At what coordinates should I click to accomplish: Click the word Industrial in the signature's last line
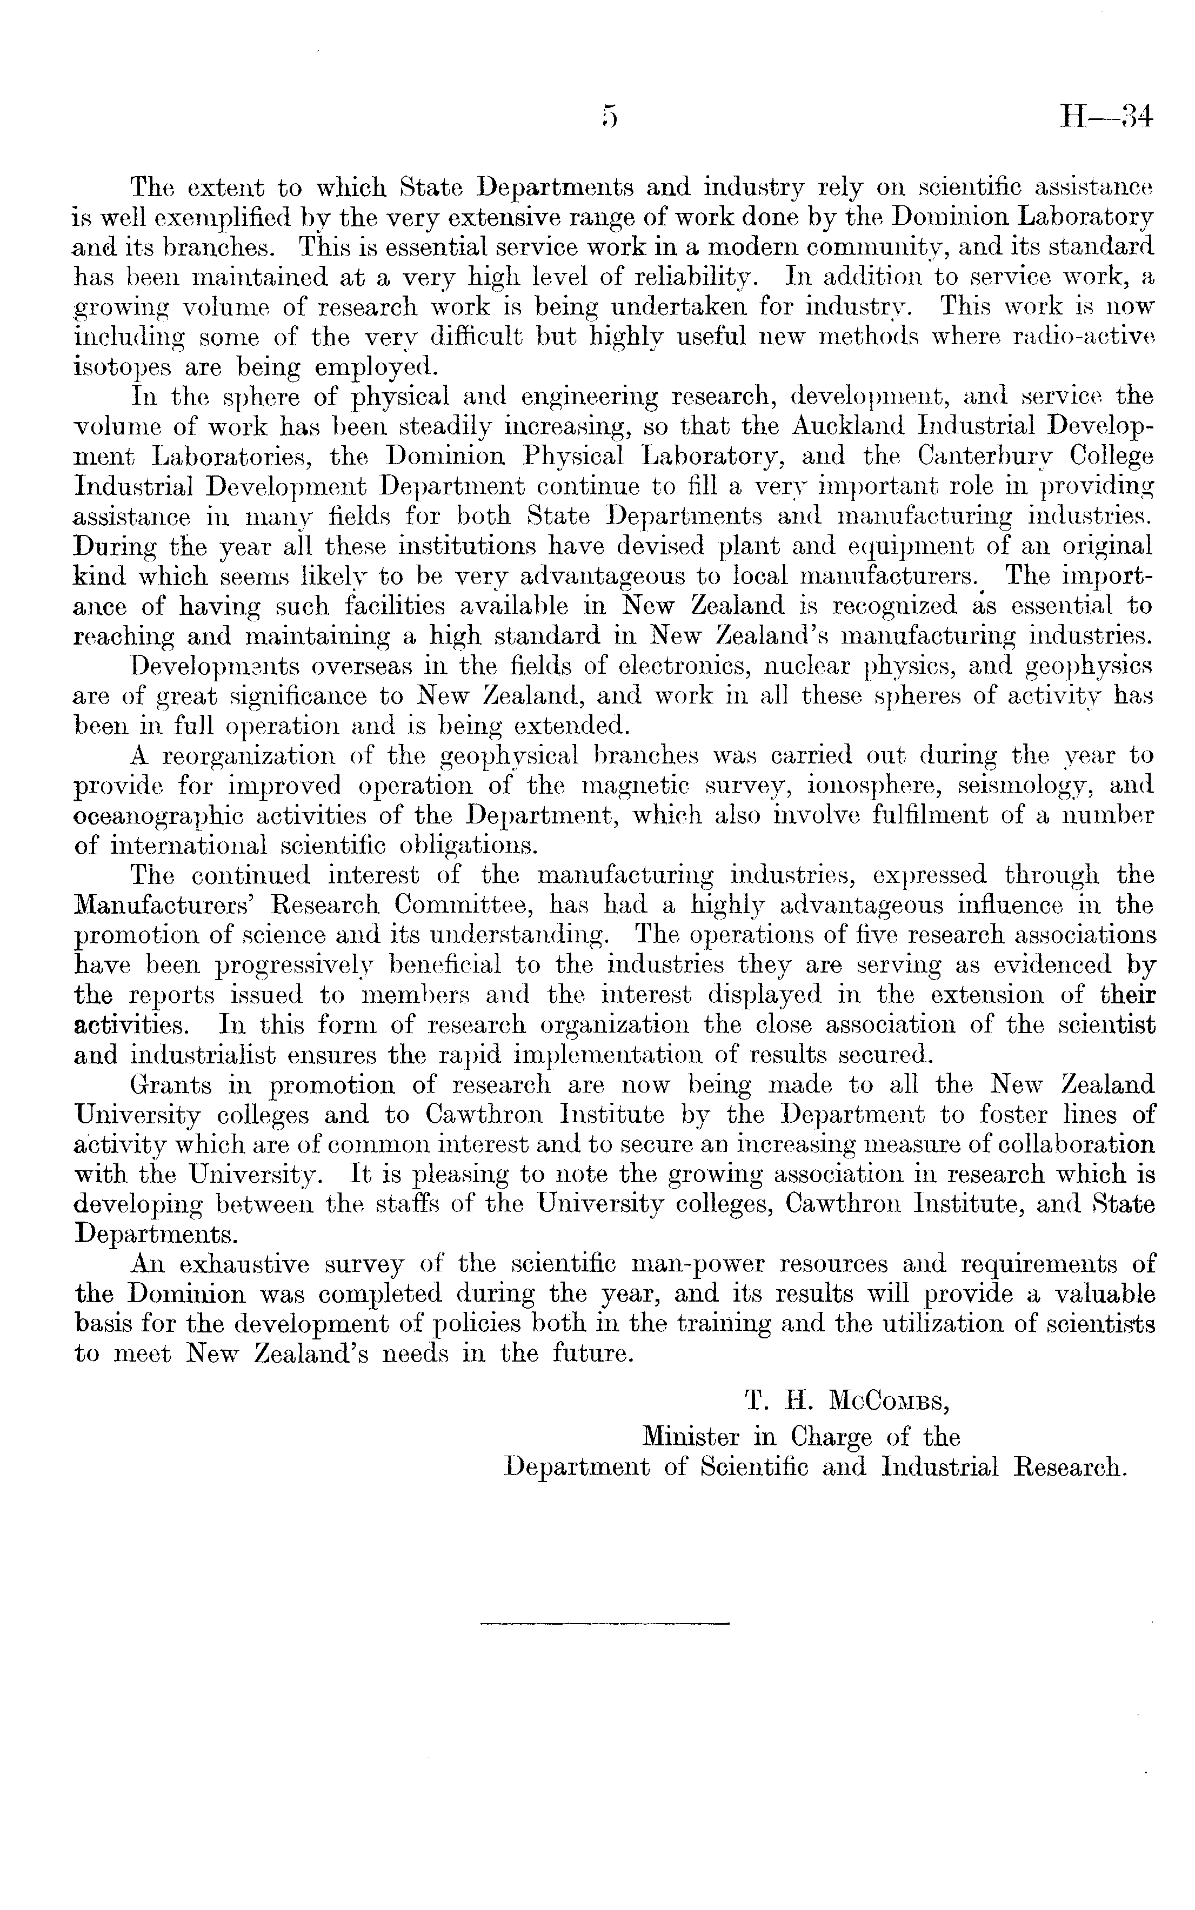click(940, 1467)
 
